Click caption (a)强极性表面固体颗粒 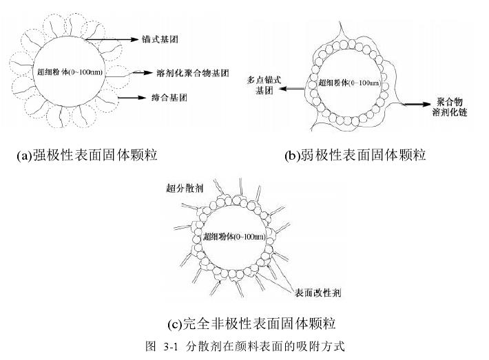click(x=87, y=156)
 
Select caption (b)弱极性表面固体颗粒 click(x=355, y=156)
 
